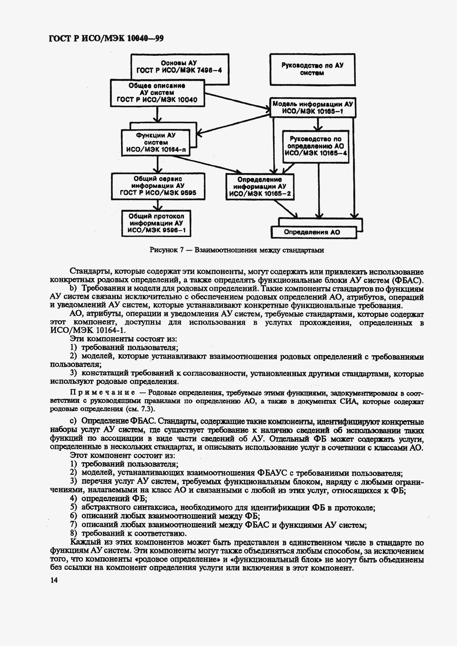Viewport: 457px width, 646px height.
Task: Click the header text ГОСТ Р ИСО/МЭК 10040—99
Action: tap(106, 38)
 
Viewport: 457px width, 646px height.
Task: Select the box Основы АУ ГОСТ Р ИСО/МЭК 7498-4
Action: tap(179, 67)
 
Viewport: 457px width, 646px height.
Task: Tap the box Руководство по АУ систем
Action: tap(312, 69)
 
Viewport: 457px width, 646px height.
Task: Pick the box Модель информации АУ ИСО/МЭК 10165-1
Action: tap(312, 107)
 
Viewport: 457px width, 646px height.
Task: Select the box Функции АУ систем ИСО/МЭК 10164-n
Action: tap(156, 142)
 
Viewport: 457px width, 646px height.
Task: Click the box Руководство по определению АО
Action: tap(315, 146)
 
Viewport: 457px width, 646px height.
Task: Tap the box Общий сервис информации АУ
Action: tap(158, 186)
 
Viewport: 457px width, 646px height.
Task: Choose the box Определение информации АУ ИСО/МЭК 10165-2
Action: tap(260, 187)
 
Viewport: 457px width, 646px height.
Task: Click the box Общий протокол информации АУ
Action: tap(156, 223)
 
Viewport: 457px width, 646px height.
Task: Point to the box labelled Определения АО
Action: tap(312, 232)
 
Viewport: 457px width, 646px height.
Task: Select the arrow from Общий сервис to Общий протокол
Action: tap(158, 205)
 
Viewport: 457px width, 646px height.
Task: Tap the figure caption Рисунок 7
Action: tap(236, 250)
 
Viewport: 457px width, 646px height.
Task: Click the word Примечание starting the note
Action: tap(102, 393)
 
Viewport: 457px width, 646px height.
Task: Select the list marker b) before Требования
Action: tap(73, 288)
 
